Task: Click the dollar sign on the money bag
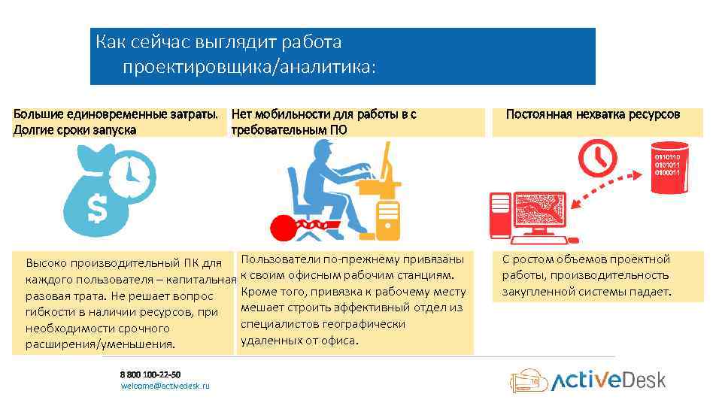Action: [96, 208]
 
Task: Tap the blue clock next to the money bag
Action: [132, 174]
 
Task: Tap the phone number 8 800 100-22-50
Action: [150, 374]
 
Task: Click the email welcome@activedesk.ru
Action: [165, 386]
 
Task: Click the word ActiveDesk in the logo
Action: [609, 380]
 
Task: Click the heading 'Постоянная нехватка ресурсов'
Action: [593, 114]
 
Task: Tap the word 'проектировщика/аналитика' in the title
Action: [247, 68]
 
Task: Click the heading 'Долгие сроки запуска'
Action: [75, 129]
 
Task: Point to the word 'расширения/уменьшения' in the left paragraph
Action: [100, 344]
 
